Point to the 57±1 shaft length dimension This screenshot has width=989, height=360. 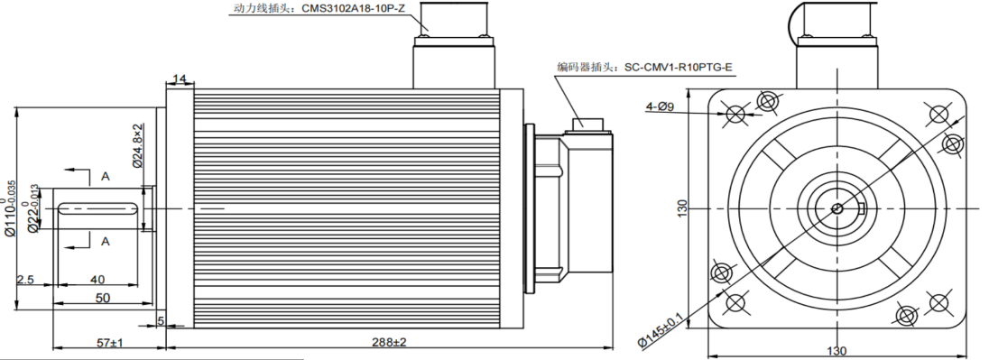[110, 343]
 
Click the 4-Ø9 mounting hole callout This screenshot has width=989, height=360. [660, 107]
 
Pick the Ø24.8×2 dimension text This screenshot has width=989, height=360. [138, 145]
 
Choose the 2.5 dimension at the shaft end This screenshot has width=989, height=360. [25, 281]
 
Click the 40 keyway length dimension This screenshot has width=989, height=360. [97, 281]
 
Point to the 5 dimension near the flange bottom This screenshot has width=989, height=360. [161, 320]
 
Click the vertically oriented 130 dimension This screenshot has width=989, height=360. [684, 208]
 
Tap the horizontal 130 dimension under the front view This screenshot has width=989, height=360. [836, 351]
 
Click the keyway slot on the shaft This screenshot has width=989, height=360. [99, 209]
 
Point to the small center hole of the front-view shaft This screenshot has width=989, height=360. [836, 209]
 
